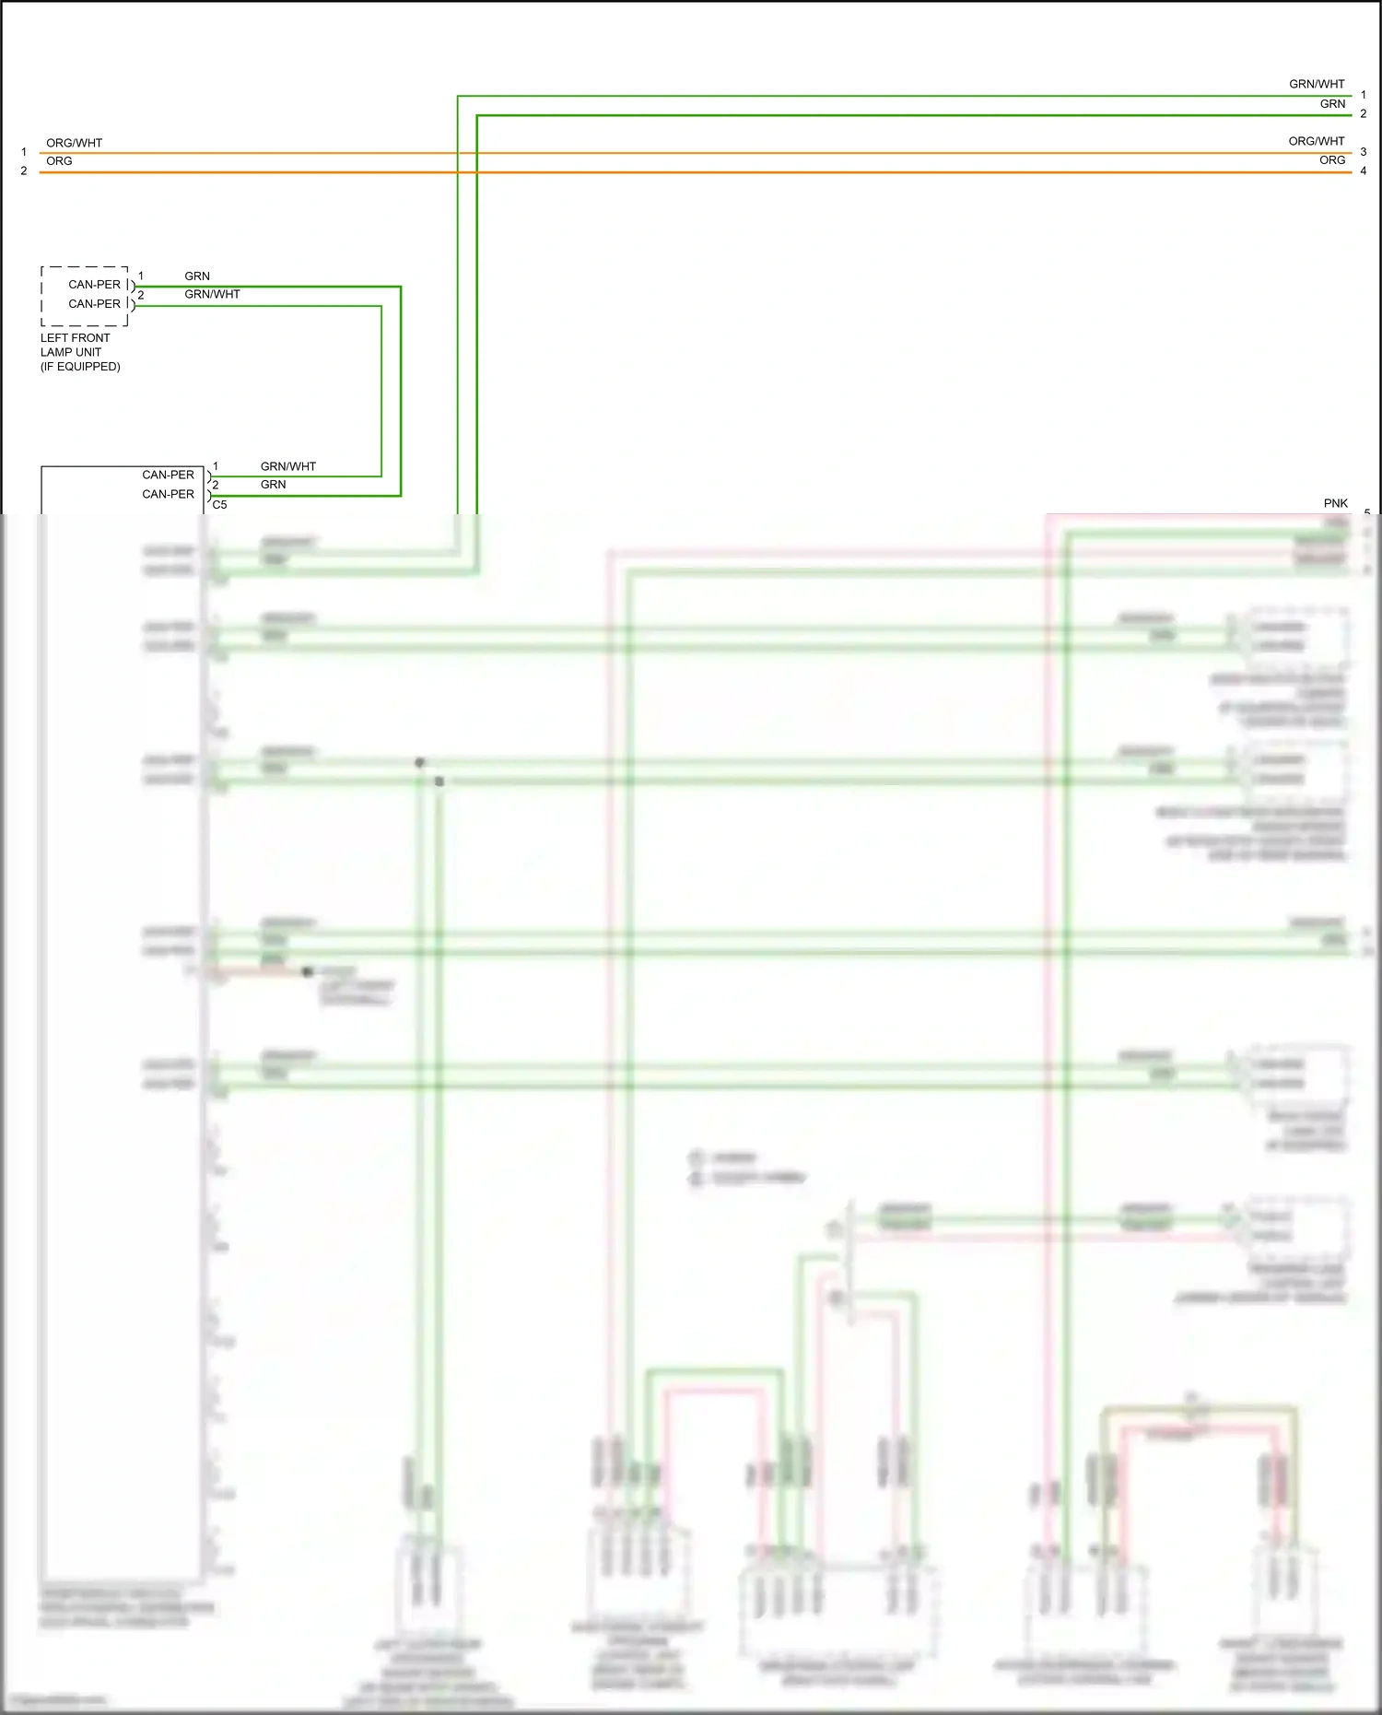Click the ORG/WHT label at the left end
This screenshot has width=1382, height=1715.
[74, 143]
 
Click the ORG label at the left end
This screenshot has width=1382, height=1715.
[59, 161]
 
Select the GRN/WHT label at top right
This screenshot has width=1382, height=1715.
[1316, 84]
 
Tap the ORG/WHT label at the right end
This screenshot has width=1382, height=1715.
[1316, 141]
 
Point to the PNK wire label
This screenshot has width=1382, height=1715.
[1335, 503]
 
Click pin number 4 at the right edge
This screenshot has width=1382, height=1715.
[1364, 170]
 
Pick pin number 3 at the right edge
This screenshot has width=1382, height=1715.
[1364, 151]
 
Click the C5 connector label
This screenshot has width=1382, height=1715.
[219, 505]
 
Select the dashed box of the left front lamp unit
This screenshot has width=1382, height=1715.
[85, 296]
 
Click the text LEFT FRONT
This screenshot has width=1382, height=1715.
[75, 338]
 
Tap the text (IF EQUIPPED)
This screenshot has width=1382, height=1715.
[80, 367]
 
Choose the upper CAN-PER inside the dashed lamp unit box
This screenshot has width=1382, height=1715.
[94, 285]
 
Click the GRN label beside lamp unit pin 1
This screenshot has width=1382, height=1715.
[197, 276]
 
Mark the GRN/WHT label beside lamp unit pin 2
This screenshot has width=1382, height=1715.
[212, 294]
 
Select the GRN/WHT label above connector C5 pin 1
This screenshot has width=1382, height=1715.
[287, 466]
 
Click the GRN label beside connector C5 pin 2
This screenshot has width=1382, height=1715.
[273, 485]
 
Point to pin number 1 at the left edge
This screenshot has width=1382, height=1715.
[24, 152]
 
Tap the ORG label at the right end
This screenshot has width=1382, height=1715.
[1331, 160]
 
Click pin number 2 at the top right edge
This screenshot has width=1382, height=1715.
[1364, 114]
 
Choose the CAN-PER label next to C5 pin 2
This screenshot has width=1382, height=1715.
[168, 494]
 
